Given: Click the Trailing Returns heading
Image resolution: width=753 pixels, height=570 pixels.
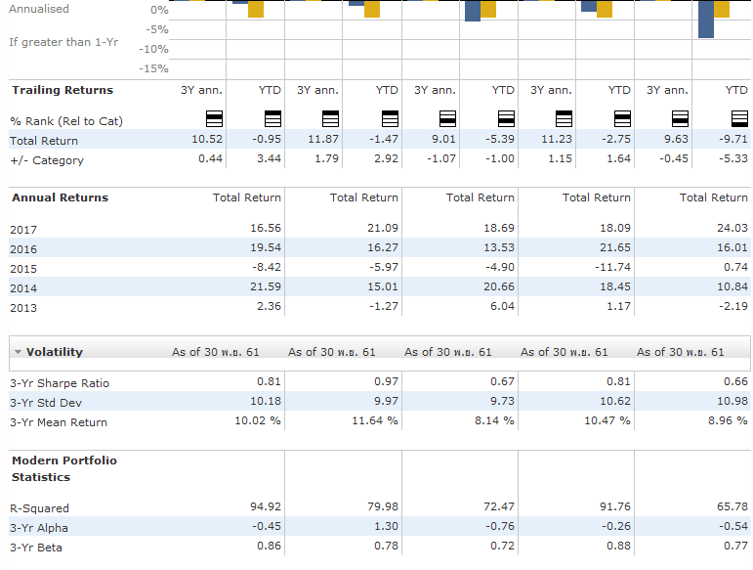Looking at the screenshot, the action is (x=63, y=90).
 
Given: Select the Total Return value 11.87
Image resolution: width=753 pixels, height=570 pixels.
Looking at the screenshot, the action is (x=323, y=140).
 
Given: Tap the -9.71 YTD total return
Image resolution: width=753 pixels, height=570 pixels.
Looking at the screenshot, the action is (x=733, y=140).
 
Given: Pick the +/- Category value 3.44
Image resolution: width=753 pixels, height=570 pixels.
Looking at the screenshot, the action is (x=269, y=158).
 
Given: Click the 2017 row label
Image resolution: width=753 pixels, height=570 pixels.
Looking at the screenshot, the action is (x=23, y=230).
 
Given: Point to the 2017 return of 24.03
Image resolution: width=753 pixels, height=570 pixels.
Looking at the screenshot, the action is (x=732, y=228).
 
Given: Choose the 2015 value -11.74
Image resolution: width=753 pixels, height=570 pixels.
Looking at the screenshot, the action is (x=612, y=267).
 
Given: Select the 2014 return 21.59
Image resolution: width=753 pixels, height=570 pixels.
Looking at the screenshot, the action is (x=266, y=286).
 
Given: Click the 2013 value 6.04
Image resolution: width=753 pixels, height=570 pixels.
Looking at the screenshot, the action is (x=502, y=306).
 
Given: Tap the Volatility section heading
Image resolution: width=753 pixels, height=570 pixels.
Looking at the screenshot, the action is (x=55, y=352).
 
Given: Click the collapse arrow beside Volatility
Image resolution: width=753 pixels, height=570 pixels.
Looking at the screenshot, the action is (x=18, y=352).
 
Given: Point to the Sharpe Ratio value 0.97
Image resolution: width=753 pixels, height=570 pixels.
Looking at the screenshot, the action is (x=386, y=381).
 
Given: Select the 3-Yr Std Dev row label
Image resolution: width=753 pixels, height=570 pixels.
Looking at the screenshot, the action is (x=46, y=403).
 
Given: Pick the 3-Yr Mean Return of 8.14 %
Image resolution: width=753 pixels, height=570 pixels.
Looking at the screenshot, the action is (x=494, y=420).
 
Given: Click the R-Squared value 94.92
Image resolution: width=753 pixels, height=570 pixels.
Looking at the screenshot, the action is (x=266, y=506).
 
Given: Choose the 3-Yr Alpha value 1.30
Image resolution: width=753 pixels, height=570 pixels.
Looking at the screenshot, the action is (x=386, y=526).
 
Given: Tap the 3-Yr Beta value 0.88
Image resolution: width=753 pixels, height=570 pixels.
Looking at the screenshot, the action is (x=618, y=546).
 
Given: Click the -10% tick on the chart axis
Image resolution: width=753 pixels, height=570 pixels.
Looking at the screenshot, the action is (x=153, y=49).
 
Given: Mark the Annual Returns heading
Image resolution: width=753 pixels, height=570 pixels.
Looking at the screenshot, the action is (x=60, y=198).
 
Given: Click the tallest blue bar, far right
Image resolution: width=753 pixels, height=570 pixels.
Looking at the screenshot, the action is (x=706, y=20).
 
